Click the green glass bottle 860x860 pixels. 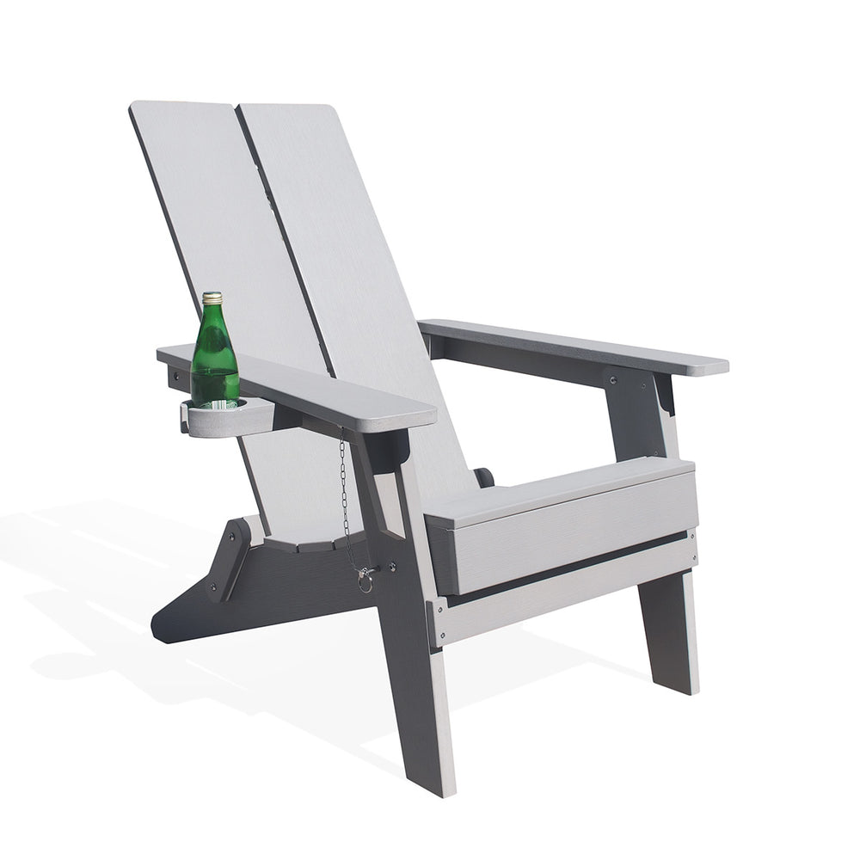(x=213, y=357)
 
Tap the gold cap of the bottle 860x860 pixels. (x=212, y=298)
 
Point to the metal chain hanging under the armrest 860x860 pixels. (x=345, y=499)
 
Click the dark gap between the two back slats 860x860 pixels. (x=284, y=241)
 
